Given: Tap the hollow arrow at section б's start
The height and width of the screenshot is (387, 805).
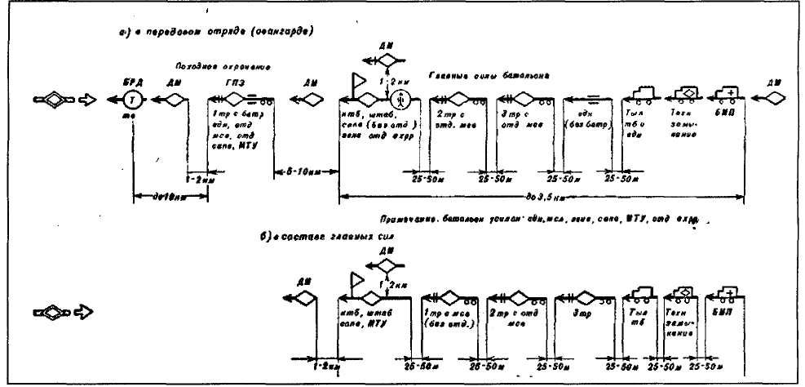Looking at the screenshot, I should [85, 312].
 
